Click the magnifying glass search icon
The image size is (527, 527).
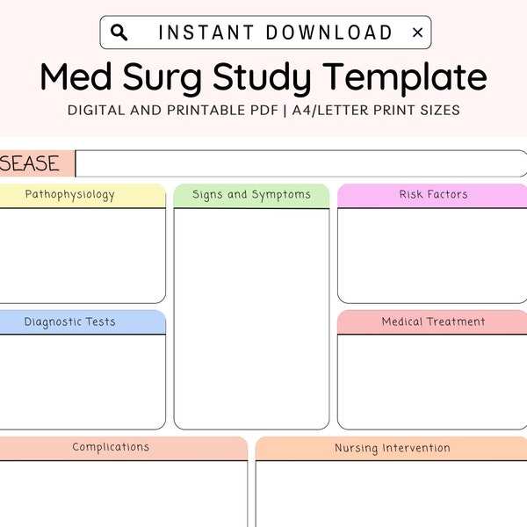click(x=119, y=32)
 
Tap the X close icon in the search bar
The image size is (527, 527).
click(x=417, y=32)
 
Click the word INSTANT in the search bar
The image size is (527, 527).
click(x=206, y=32)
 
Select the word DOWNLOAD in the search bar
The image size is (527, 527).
click(x=329, y=32)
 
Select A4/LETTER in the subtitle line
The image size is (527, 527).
click(x=330, y=111)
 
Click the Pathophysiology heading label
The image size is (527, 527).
click(x=70, y=195)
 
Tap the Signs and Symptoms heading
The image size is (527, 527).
click(x=251, y=195)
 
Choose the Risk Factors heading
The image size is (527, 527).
click(x=433, y=194)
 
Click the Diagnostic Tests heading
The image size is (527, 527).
click(x=70, y=322)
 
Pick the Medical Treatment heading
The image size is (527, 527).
click(x=433, y=321)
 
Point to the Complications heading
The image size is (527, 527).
click(x=111, y=447)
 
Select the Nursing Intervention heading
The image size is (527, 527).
click(x=393, y=448)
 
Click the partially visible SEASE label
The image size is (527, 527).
click(x=30, y=163)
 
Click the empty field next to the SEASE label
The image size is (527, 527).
click(x=301, y=163)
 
